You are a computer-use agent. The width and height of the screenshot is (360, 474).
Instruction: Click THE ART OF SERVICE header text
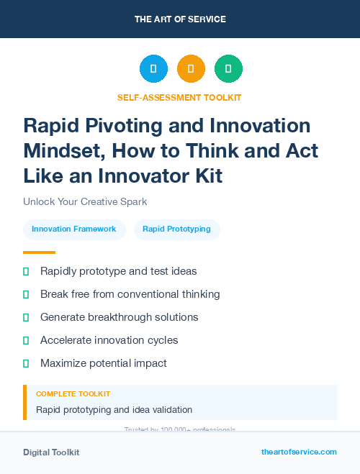180,19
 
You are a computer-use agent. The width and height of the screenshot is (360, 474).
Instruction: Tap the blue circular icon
153,69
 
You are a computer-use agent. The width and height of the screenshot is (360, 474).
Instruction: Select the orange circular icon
191,69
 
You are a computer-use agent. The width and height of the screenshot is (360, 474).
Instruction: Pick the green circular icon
228,69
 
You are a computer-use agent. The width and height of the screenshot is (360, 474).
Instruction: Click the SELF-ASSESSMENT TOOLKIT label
179,97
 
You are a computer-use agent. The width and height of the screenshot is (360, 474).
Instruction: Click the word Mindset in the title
68,151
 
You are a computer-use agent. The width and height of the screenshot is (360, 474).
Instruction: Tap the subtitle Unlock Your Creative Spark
85,202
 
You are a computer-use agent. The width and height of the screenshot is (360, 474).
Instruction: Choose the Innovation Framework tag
74,229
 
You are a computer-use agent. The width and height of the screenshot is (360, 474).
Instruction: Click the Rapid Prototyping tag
176,229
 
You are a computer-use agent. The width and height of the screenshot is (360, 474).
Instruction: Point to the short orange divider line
39,252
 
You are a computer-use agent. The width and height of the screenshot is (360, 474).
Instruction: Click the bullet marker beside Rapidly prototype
26,272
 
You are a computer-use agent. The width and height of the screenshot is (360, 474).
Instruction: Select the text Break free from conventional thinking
130,294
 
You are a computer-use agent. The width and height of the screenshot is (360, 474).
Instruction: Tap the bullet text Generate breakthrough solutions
119,317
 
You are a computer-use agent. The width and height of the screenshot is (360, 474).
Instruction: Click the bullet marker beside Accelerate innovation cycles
26,340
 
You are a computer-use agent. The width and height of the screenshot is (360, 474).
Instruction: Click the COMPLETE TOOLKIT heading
73,394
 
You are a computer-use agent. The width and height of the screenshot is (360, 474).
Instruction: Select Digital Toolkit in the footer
51,452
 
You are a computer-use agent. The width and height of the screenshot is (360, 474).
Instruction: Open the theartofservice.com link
299,452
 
